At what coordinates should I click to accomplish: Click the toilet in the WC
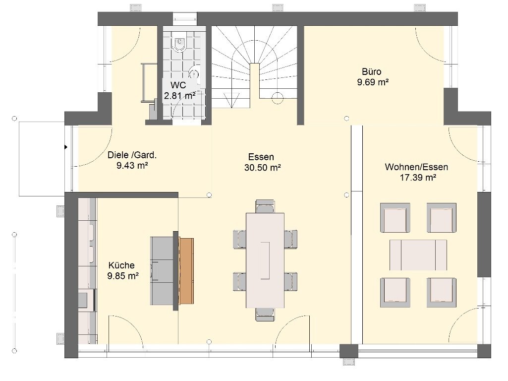point(179,45)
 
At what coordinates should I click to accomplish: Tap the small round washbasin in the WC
point(194,73)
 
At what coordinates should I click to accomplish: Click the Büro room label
point(372,71)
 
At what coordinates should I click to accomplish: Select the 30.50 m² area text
point(262,168)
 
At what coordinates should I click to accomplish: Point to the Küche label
point(121,265)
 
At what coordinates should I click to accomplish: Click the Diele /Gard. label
point(132,155)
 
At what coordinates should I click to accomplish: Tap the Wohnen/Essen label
point(417,167)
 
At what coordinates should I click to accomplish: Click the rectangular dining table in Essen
point(265,260)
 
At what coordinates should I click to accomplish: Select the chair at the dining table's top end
point(265,206)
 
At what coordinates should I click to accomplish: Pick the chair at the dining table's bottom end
point(265,314)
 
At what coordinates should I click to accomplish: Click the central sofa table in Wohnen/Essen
point(418,255)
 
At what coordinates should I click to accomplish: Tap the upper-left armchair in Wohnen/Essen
point(395,218)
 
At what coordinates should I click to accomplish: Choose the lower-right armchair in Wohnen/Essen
point(442,293)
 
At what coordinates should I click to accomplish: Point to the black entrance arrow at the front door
point(66,147)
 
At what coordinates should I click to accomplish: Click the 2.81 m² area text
point(179,96)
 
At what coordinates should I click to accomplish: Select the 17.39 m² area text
point(418,178)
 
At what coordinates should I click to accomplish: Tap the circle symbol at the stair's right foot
point(278,98)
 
